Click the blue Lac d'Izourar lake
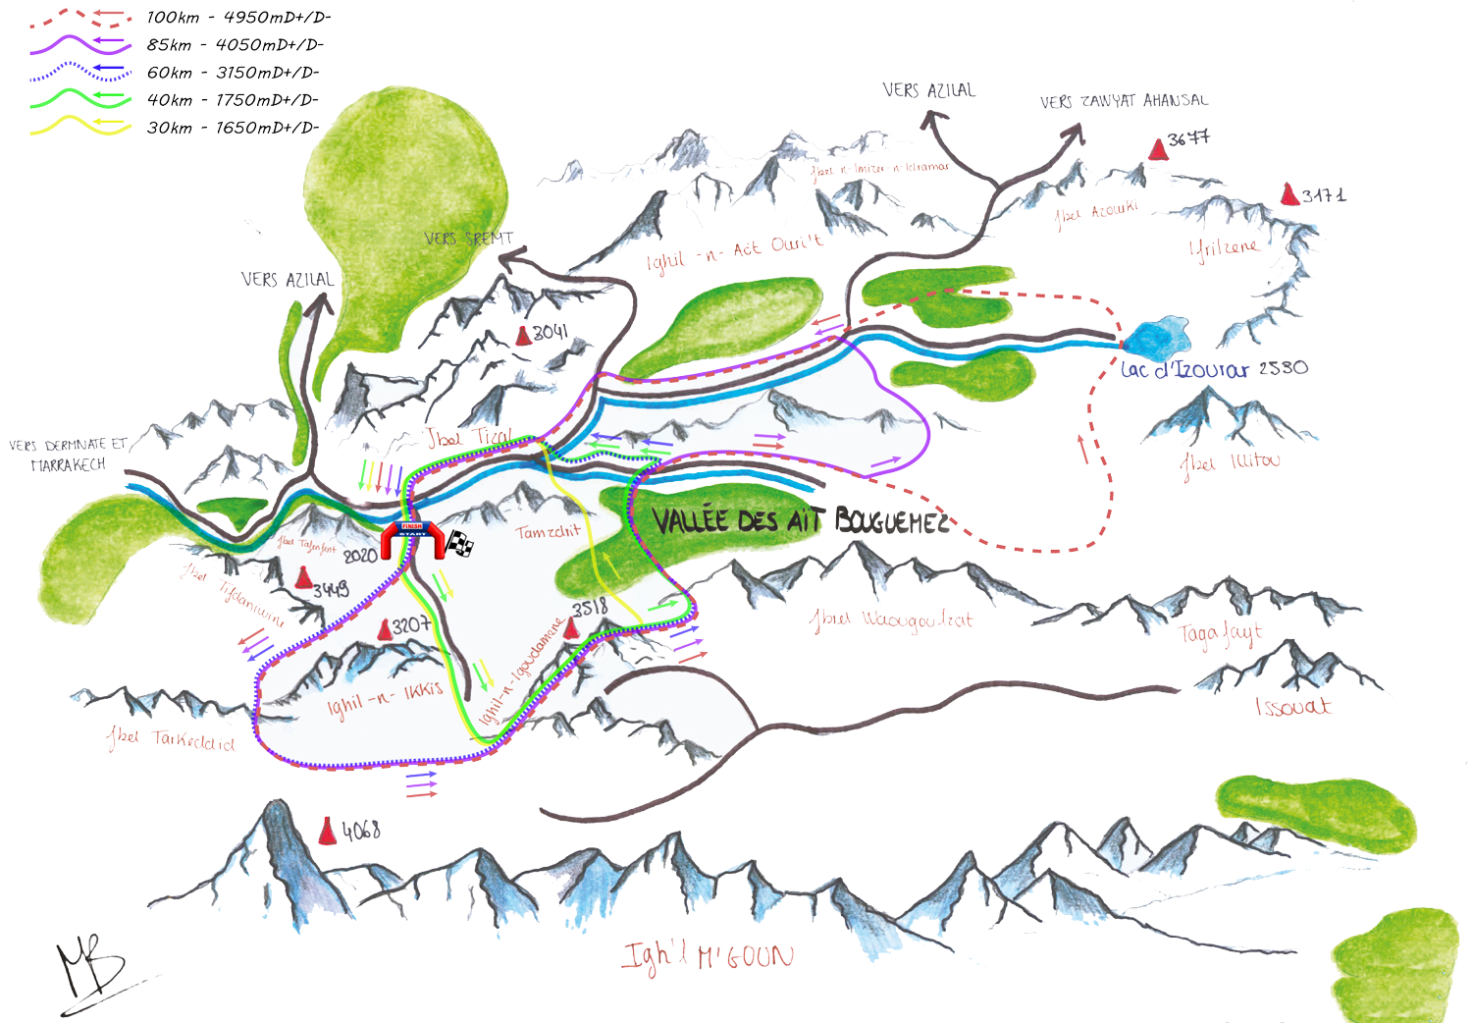(1156, 338)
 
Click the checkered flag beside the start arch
(460, 543)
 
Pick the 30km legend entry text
(233, 128)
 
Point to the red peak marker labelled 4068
(328, 832)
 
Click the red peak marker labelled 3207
(383, 628)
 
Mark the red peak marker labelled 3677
(1158, 149)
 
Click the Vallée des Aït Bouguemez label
(800, 520)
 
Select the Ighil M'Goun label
(707, 956)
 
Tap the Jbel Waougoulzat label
(891, 619)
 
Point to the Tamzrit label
(549, 531)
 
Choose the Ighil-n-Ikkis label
(385, 697)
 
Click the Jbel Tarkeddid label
(171, 738)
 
